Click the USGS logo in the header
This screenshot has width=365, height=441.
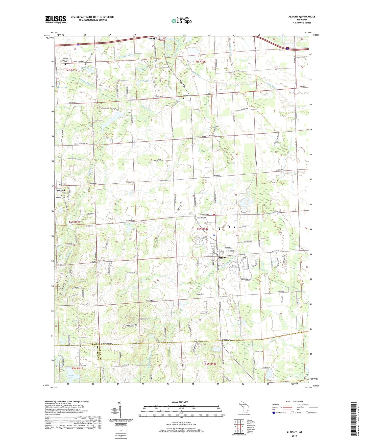56,19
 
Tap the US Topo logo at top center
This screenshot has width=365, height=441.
181,21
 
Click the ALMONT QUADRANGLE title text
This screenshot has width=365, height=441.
302,17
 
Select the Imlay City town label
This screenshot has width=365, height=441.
154,38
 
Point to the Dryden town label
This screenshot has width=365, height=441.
61,191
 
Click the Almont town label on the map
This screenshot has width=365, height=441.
223,258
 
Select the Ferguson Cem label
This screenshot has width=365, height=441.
246,212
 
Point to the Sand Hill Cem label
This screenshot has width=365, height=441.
145,319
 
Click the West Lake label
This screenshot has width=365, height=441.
129,224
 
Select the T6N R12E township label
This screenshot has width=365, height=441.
202,229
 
